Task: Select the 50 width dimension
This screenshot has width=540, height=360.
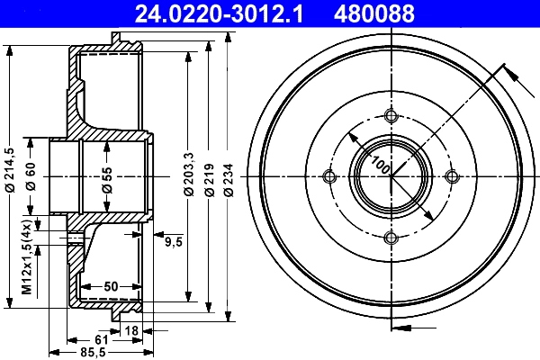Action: click(111, 286)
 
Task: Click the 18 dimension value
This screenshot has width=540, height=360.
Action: click(132, 331)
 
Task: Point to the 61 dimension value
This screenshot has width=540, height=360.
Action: click(102, 339)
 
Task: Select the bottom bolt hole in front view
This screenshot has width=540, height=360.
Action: click(391, 238)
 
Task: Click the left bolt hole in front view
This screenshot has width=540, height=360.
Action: click(328, 175)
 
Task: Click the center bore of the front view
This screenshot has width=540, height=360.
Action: click(391, 175)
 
